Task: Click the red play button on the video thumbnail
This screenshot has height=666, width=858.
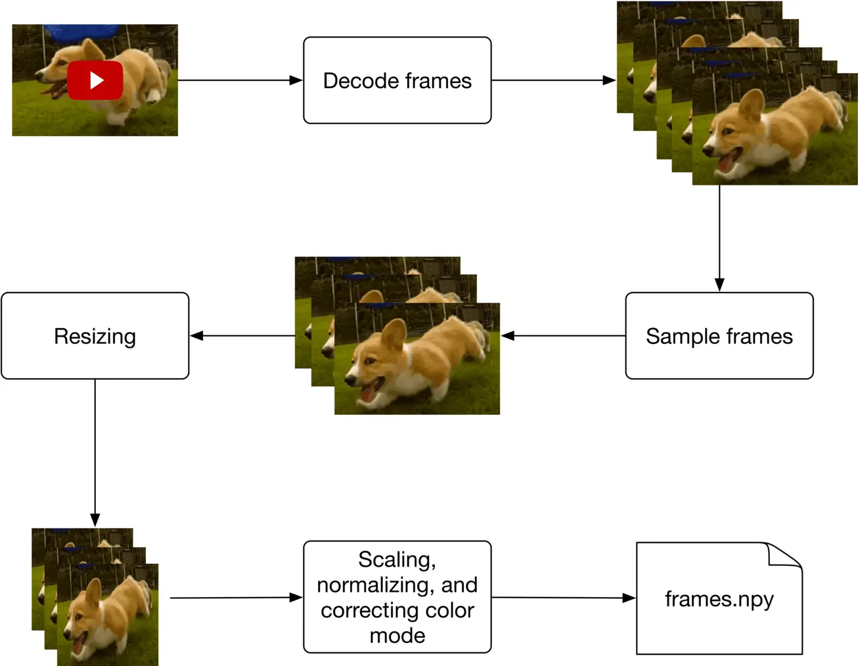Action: [95, 80]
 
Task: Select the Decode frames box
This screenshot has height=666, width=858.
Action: [397, 80]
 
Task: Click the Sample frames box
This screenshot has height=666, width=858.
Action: [719, 336]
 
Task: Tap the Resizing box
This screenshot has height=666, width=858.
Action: [95, 336]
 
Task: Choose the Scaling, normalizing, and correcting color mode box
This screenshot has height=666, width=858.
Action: [397, 597]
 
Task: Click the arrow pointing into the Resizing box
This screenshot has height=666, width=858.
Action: [242, 336]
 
